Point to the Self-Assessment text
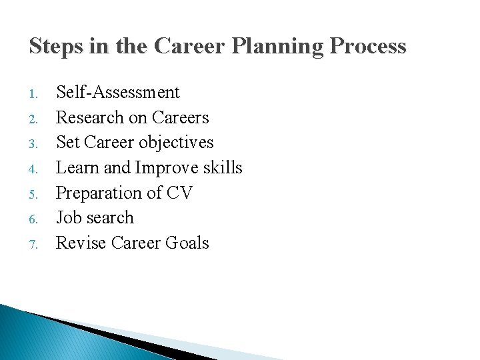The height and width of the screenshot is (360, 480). tap(117, 92)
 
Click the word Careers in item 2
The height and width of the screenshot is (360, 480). tap(180, 117)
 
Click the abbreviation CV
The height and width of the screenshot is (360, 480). tap(179, 193)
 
